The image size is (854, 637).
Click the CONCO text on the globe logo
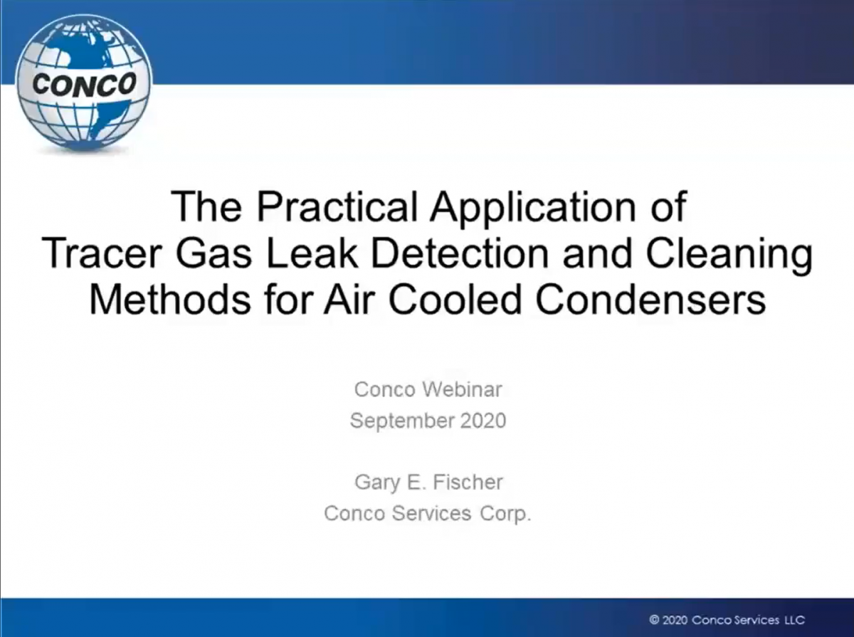(84, 85)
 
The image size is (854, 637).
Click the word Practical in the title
(337, 206)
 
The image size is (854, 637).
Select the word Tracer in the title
(102, 253)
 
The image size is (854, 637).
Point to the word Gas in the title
(213, 253)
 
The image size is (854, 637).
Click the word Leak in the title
(312, 253)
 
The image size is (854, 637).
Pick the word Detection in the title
(460, 253)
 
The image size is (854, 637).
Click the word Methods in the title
(170, 299)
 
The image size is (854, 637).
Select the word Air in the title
(348, 299)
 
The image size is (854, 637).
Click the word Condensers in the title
(650, 299)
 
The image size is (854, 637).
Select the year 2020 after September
(483, 421)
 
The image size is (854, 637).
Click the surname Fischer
(468, 482)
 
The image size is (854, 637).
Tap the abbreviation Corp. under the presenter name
(505, 515)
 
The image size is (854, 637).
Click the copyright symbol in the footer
(654, 620)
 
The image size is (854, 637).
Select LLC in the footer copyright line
(794, 620)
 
